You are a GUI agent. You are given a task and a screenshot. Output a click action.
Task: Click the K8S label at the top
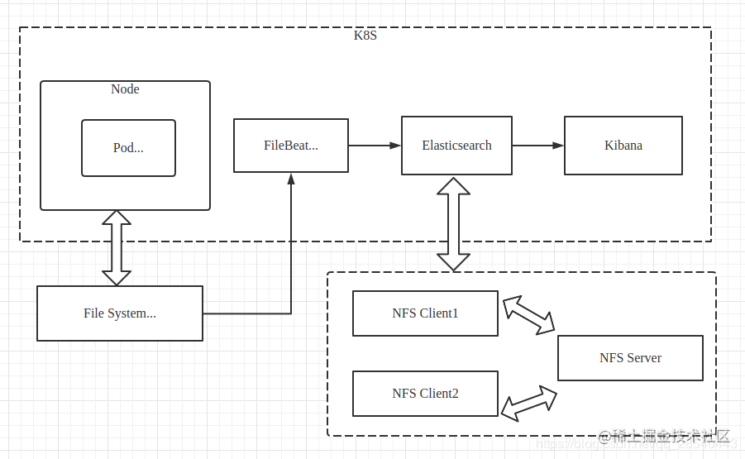pos(365,36)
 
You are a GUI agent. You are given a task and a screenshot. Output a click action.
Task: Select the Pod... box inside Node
pos(128,148)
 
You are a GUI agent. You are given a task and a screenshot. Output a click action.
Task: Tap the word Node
pos(125,89)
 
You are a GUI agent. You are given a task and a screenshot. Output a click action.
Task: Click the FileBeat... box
pos(291,146)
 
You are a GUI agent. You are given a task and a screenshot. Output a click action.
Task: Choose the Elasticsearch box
pos(456,146)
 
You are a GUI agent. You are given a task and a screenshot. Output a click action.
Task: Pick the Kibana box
pos(623,146)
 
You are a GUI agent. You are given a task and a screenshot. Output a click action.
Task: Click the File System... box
pos(120,313)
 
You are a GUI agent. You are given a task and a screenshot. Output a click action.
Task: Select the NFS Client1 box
pos(425,313)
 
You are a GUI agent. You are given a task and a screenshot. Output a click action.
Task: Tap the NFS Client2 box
pos(425,394)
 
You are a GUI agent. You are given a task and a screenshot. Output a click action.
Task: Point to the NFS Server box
pos(630,358)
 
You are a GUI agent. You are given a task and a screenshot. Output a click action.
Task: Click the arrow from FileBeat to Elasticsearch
pos(374,146)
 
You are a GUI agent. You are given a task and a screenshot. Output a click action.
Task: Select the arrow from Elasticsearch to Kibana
pos(537,146)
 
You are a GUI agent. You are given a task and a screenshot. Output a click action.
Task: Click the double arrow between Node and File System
pos(117,248)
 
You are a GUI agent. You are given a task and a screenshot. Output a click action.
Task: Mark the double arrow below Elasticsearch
pos(453,223)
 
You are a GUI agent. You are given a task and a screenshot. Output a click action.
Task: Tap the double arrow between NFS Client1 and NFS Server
pos(529,315)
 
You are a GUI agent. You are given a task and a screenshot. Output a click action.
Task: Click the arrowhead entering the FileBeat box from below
pos(291,179)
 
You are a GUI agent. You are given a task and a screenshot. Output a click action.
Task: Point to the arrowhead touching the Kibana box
pos(559,146)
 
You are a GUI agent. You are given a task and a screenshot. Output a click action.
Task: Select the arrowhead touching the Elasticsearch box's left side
pos(396,146)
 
